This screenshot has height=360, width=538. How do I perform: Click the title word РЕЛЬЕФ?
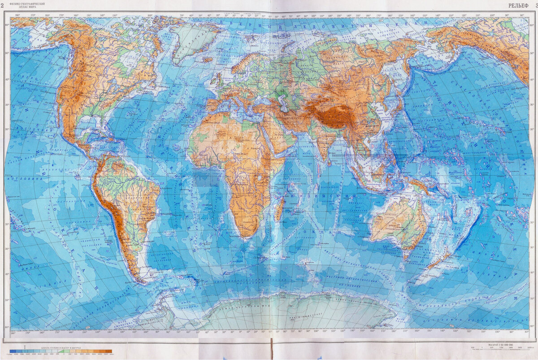click(x=518, y=5)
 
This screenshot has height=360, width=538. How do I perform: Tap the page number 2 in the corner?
click(x=3, y=5)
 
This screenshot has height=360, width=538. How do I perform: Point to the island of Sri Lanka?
click(x=330, y=162)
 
